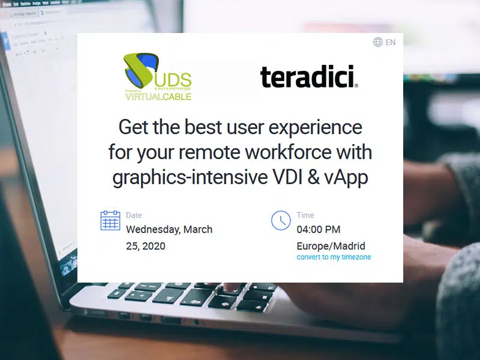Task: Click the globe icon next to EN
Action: click(378, 42)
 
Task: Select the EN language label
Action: click(391, 42)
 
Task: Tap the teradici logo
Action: click(309, 77)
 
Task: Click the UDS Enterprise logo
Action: click(158, 77)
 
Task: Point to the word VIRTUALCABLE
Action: click(158, 97)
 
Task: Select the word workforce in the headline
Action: click(289, 152)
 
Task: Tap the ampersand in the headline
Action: click(313, 177)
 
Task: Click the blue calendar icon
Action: click(110, 220)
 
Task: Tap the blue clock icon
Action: click(281, 220)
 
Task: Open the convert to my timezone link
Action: click(334, 257)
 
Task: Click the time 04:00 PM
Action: click(319, 230)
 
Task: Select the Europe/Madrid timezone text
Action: click(331, 246)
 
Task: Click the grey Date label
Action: click(134, 215)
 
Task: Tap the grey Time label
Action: click(305, 215)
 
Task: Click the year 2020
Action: click(154, 246)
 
